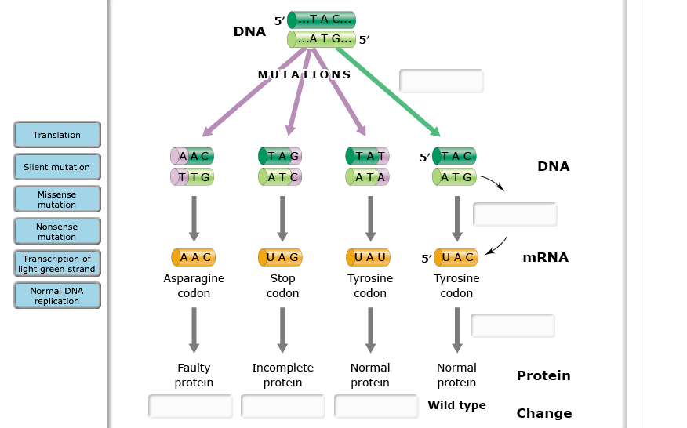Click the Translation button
(56, 135)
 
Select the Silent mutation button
(56, 167)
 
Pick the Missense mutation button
(56, 199)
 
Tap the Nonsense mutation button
(56, 231)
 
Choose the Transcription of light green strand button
(56, 263)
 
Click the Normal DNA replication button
(56, 296)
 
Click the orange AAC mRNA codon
(194, 257)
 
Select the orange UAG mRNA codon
(282, 257)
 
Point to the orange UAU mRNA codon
(369, 257)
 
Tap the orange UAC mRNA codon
(456, 257)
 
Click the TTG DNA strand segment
(193, 177)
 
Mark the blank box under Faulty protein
(191, 406)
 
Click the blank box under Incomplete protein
(283, 406)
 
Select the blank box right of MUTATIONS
(442, 81)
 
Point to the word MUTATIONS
(304, 74)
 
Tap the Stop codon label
(282, 285)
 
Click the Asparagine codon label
(194, 285)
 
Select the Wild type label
(456, 405)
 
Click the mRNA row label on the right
(545, 257)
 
